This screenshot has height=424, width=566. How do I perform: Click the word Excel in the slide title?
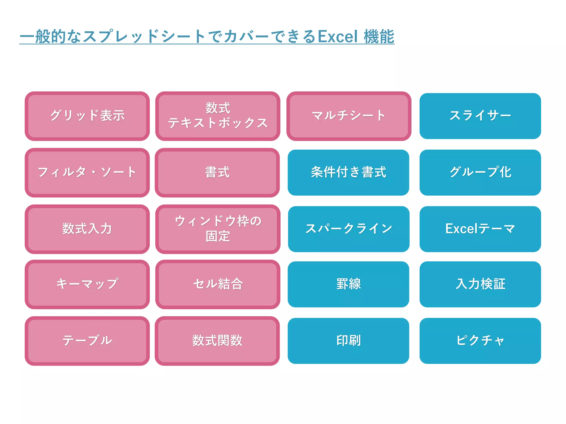click(338, 36)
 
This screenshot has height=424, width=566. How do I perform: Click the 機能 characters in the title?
click(379, 36)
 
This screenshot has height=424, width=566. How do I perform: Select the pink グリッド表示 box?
click(87, 116)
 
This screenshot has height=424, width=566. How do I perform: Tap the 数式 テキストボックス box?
click(218, 116)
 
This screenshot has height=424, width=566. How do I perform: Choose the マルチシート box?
click(348, 116)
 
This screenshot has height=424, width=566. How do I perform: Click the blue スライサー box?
click(480, 116)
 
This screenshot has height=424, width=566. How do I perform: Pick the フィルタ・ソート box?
click(87, 173)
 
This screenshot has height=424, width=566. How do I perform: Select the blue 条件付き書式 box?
click(348, 173)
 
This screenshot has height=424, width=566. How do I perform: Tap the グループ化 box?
click(480, 173)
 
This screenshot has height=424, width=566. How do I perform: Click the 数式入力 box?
click(87, 229)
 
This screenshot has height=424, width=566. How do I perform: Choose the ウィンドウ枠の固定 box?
click(218, 229)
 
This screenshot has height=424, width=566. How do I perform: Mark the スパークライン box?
click(348, 229)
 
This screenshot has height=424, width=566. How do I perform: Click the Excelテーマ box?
click(480, 229)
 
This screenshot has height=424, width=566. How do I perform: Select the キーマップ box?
click(87, 284)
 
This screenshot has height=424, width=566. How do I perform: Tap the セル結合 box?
click(218, 284)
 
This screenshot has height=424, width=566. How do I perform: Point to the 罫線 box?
click(348, 284)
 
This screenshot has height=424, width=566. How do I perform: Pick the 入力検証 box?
click(480, 284)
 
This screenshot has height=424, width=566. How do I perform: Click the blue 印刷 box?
click(348, 341)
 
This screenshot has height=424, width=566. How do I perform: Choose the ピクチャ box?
click(480, 341)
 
